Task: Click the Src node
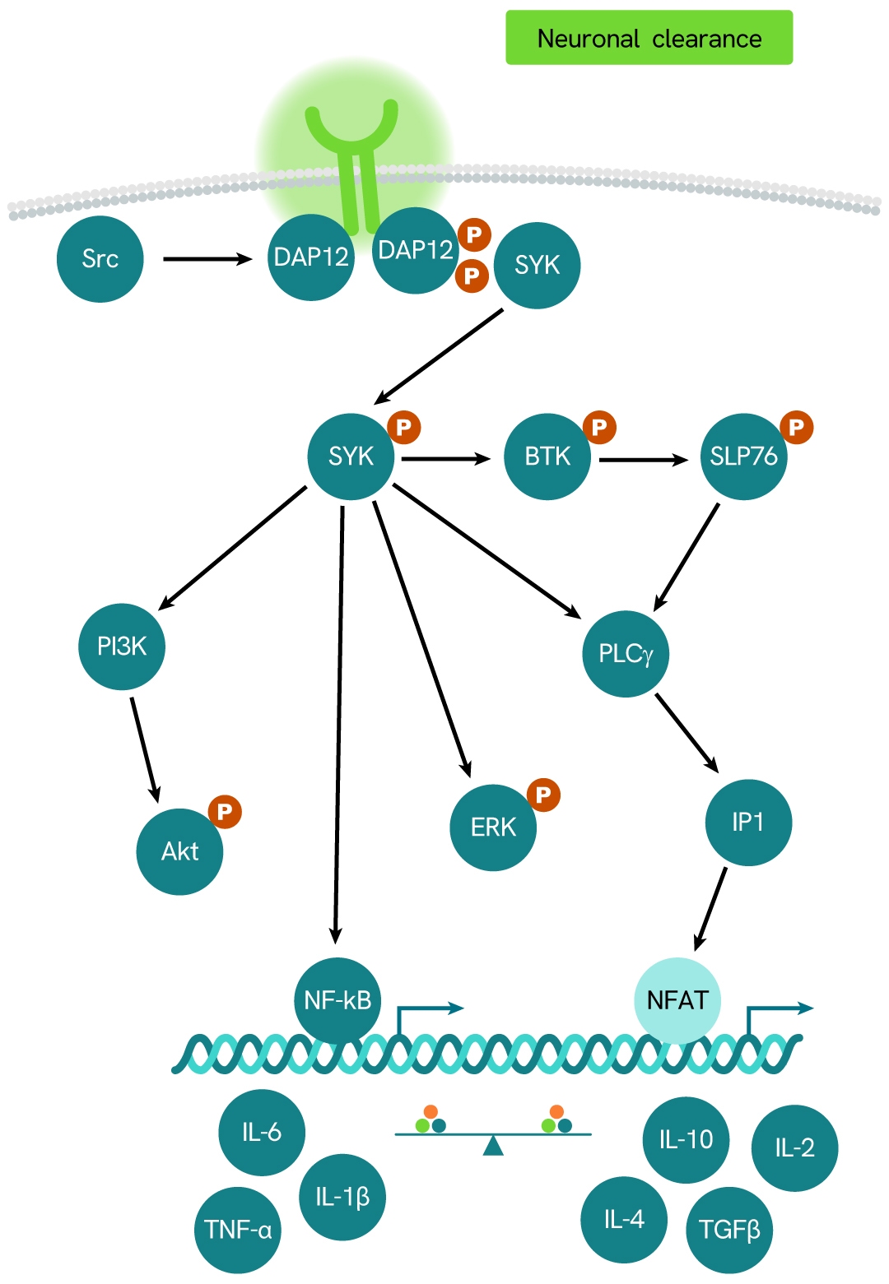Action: click(100, 259)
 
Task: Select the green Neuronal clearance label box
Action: click(649, 38)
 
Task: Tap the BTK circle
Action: click(547, 457)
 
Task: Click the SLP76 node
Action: click(743, 457)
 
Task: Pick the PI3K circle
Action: click(122, 647)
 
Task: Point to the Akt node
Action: click(179, 851)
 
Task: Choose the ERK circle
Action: click(493, 827)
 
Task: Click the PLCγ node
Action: click(626, 654)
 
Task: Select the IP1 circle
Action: click(748, 823)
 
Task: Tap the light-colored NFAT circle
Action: click(677, 1000)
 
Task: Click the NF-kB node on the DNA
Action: click(337, 1000)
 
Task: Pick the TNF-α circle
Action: click(238, 1231)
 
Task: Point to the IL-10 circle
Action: click(686, 1140)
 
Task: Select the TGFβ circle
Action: click(729, 1231)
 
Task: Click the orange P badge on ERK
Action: click(543, 795)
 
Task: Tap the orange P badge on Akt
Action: click(225, 812)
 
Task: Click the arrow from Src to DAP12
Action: click(207, 259)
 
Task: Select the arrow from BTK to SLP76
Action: click(643, 460)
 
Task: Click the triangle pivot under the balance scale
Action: click(493, 1146)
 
